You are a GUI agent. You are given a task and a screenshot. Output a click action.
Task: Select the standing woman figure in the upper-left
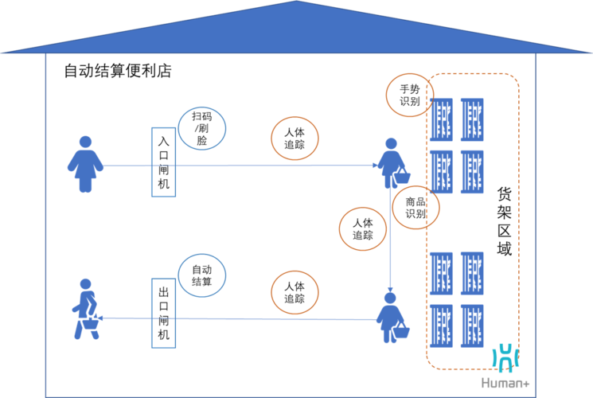(x=85, y=164)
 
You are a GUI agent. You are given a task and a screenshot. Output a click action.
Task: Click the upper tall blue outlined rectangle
(x=163, y=162)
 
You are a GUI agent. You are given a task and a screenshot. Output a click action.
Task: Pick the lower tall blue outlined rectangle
(x=163, y=313)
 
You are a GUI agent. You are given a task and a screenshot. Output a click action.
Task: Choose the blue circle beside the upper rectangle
(x=202, y=128)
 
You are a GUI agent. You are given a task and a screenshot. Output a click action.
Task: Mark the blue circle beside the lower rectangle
(x=202, y=275)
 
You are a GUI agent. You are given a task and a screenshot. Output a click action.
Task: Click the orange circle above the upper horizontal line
(x=295, y=139)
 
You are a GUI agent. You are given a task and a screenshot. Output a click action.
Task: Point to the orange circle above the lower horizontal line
(x=295, y=292)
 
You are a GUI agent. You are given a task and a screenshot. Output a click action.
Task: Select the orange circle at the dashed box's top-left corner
(x=411, y=95)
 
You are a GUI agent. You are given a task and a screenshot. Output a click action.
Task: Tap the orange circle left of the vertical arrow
(x=363, y=229)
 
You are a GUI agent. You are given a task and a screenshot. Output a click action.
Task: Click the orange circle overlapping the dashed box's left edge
(x=415, y=208)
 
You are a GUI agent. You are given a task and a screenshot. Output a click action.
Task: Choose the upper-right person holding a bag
(x=392, y=164)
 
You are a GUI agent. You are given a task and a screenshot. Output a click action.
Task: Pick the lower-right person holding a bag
(x=392, y=318)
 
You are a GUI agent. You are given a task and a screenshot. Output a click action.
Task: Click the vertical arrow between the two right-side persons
(x=390, y=239)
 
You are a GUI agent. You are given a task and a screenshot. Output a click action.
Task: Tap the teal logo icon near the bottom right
(x=505, y=358)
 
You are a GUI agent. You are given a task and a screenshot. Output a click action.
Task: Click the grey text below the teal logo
(x=505, y=383)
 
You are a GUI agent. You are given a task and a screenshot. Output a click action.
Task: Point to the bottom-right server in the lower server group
(x=472, y=326)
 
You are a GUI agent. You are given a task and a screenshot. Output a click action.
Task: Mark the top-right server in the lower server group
(x=472, y=273)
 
